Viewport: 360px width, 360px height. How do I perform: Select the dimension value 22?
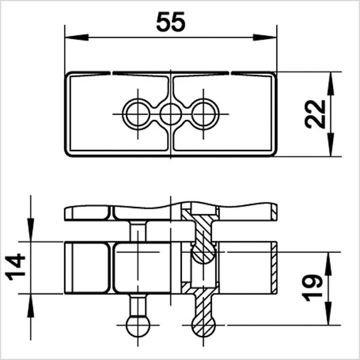click(x=316, y=113)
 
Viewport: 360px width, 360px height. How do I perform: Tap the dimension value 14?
click(x=16, y=268)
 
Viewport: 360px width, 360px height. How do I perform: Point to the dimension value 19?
click(x=314, y=289)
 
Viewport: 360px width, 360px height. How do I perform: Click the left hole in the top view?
click(x=137, y=113)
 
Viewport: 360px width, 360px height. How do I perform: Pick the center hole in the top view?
click(x=171, y=113)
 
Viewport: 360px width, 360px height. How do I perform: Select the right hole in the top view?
click(x=205, y=113)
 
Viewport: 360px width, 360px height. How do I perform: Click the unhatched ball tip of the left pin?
click(x=138, y=326)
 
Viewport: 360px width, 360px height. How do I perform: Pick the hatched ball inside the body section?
click(x=204, y=253)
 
